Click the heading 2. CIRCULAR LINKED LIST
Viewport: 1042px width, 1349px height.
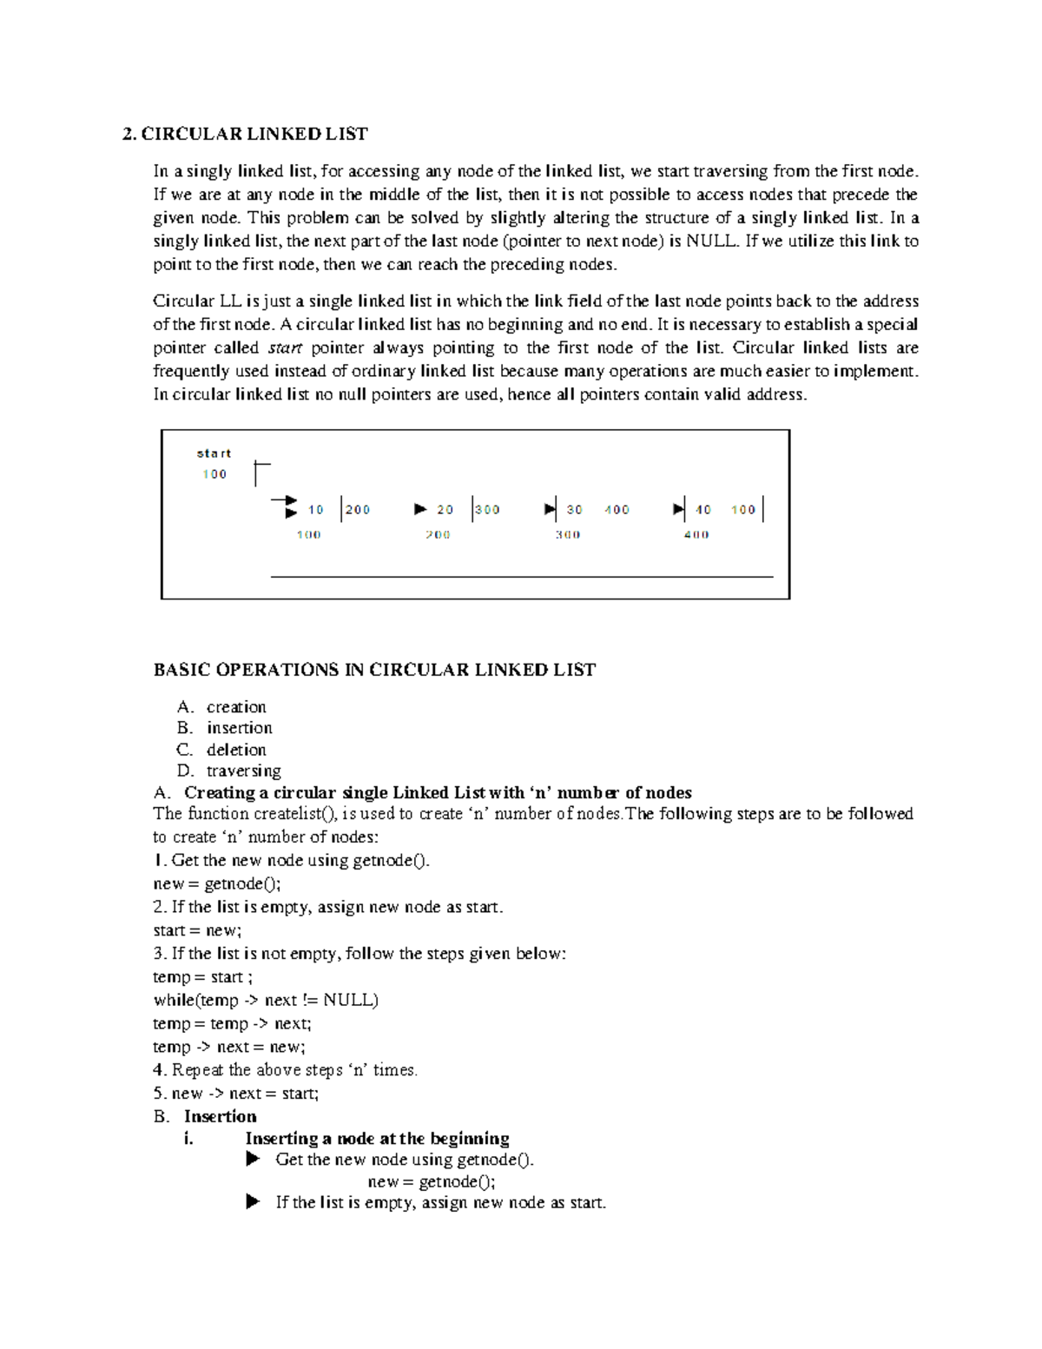[245, 134]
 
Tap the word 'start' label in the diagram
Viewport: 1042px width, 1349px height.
[214, 453]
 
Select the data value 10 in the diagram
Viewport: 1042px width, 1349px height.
[316, 510]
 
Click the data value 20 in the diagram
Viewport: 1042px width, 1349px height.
[445, 510]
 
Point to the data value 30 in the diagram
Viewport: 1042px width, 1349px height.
[575, 510]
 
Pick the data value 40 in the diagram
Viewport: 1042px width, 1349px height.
[703, 510]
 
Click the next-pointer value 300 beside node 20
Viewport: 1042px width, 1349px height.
[488, 510]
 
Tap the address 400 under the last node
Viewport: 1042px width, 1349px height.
[696, 535]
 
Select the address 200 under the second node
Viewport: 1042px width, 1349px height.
[438, 535]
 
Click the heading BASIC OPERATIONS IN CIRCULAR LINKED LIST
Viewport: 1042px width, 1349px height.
[374, 670]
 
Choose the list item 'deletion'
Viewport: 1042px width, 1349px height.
[236, 750]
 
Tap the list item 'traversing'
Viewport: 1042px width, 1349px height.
[244, 771]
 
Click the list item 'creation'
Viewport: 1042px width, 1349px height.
[236, 707]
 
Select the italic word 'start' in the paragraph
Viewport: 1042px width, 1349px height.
[285, 348]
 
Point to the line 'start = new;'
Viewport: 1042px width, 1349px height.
[197, 930]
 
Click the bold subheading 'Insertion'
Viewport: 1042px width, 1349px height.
[221, 1116]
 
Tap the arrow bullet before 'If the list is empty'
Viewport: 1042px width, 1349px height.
[253, 1202]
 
